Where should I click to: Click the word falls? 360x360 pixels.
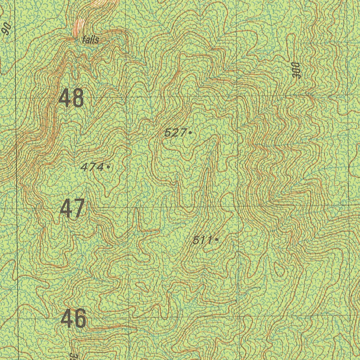(x=90, y=40)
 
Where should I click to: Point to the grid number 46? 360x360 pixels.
(x=73, y=319)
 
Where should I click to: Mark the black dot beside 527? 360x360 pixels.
(x=190, y=133)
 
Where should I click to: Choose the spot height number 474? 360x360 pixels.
(x=92, y=167)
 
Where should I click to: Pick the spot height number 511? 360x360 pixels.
(x=202, y=240)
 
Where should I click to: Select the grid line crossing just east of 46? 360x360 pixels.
(x=129, y=319)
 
